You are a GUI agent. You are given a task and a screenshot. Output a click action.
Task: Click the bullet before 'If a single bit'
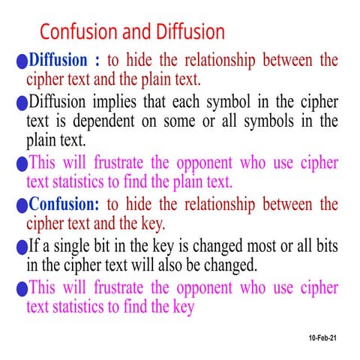click(21, 248)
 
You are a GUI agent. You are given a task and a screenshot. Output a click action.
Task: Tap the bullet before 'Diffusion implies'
click(21, 104)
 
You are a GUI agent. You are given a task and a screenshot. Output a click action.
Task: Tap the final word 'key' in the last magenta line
click(181, 307)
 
